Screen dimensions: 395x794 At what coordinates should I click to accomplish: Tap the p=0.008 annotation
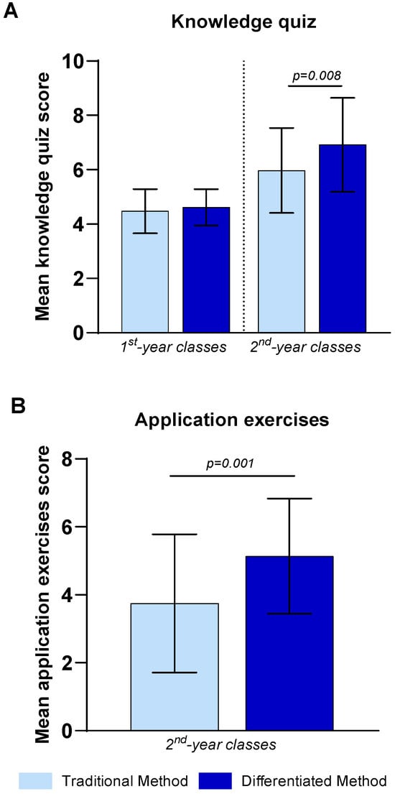[317, 76]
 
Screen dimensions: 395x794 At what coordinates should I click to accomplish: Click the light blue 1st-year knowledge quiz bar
[145, 272]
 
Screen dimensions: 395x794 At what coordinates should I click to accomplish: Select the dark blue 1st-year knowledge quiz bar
[206, 270]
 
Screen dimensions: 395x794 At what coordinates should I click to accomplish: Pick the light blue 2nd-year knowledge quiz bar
[282, 251]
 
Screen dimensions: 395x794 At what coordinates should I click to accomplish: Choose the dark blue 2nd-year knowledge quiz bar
[343, 239]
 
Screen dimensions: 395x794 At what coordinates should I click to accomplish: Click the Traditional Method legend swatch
[36, 780]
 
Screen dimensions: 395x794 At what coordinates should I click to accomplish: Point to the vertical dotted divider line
[244, 196]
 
